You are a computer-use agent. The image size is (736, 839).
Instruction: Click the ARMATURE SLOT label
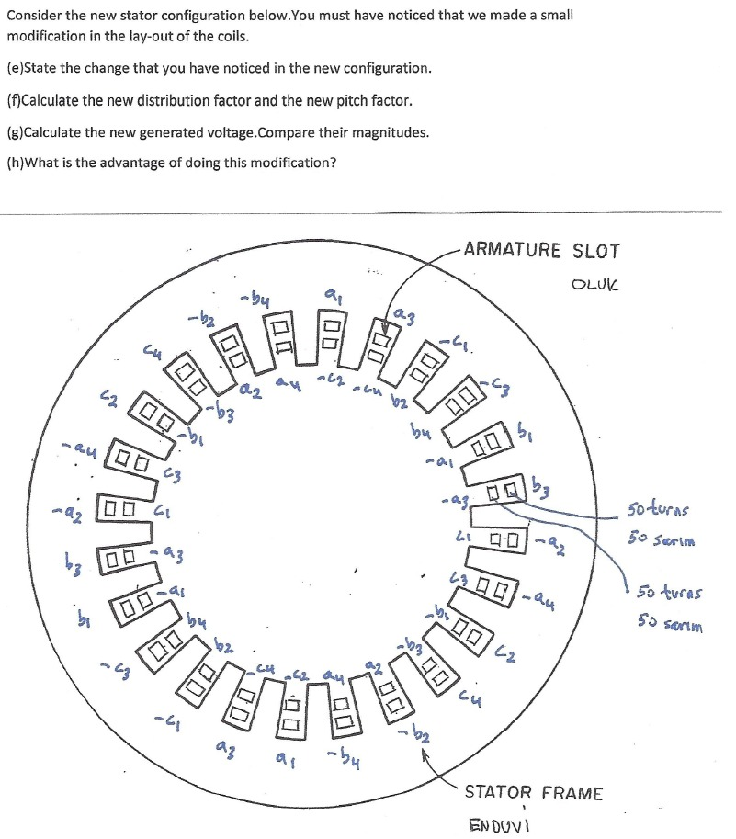point(541,250)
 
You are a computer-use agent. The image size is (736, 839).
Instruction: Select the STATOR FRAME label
point(534,792)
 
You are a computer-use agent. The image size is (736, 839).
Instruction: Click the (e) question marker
point(14,68)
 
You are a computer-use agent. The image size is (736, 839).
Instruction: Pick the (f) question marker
point(13,100)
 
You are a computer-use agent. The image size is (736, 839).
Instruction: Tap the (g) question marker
point(14,132)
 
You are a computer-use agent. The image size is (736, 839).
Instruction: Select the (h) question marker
point(14,164)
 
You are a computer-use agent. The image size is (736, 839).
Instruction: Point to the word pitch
point(344,100)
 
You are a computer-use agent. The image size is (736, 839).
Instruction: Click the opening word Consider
point(33,17)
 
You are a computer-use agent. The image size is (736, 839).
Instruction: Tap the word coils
point(227,37)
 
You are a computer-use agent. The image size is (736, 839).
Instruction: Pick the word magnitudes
point(392,132)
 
